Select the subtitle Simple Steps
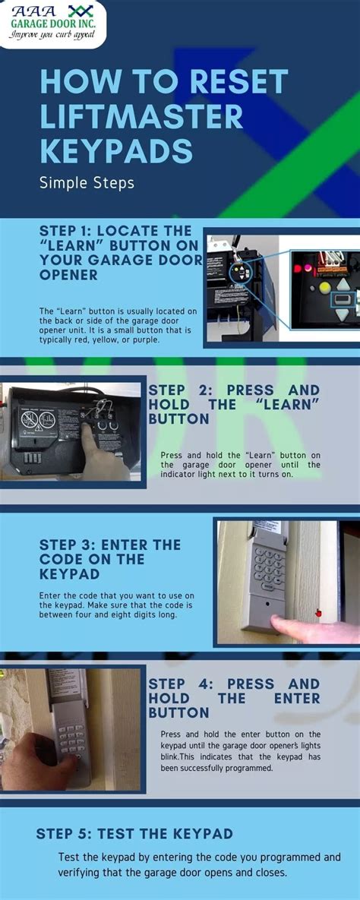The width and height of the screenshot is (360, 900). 87,182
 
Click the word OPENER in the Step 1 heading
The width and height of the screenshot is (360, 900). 68,274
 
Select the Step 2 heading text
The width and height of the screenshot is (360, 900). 234,404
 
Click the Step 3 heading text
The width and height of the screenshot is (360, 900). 110,559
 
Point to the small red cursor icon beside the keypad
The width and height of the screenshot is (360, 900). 318,612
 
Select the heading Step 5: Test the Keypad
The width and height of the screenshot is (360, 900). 134,833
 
